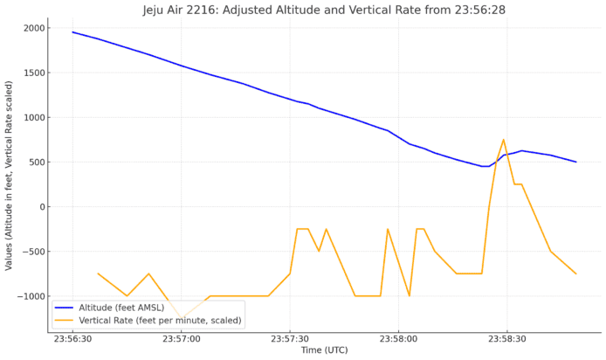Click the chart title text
pyautogui.click(x=323, y=10)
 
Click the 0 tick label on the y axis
pyautogui.click(x=40, y=207)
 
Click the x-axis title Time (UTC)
pyautogui.click(x=324, y=351)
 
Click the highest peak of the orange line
pyautogui.click(x=504, y=140)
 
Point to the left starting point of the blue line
pyautogui.click(x=72, y=32)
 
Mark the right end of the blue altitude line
pyautogui.click(x=575, y=162)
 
